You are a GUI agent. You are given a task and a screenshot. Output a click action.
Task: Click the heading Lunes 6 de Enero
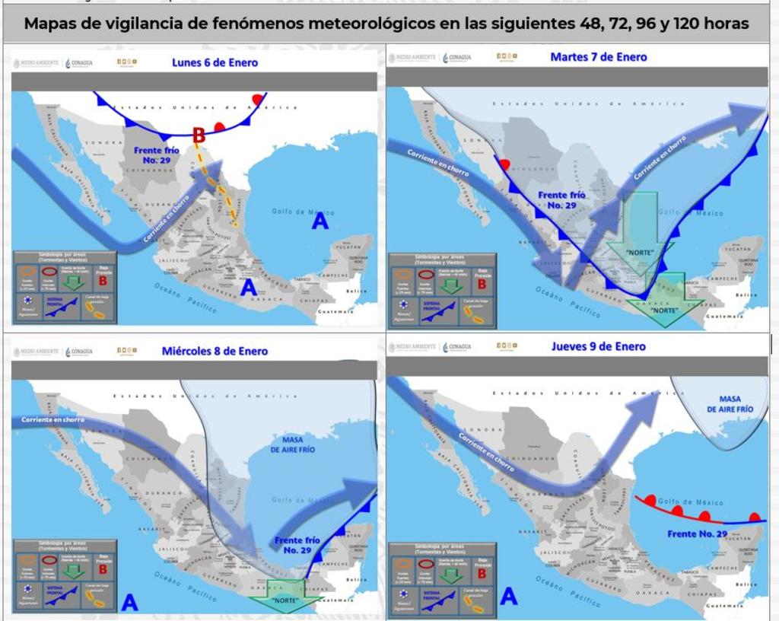click(x=215, y=62)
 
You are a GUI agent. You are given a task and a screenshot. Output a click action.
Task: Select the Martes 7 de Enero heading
click(x=598, y=57)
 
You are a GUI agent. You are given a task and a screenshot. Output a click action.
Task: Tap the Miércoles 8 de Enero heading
click(x=215, y=352)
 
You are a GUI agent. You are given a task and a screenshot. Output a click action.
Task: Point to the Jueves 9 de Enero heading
click(x=598, y=346)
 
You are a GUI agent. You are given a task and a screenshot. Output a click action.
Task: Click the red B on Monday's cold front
click(x=199, y=135)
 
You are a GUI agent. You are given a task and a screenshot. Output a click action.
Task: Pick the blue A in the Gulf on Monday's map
click(x=320, y=221)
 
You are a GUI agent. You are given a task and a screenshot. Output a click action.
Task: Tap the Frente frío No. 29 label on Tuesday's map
click(x=562, y=200)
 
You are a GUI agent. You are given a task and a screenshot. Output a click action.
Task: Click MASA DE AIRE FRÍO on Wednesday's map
click(x=292, y=444)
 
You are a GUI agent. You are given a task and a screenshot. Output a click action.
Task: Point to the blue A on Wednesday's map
click(x=130, y=603)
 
